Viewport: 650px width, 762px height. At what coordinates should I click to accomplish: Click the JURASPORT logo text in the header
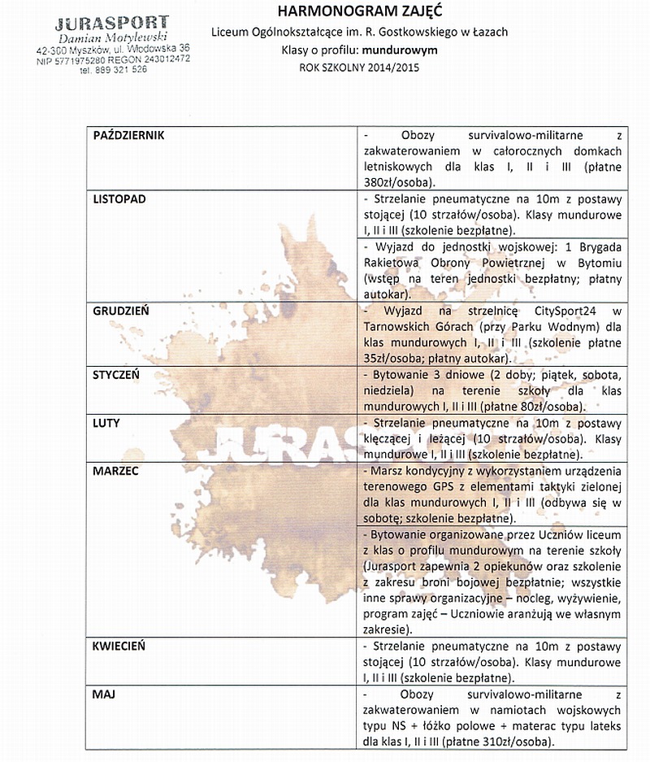pyautogui.click(x=112, y=23)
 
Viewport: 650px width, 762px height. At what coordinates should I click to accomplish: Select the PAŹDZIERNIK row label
pyautogui.click(x=129, y=136)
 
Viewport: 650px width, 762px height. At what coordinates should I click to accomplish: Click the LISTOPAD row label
pyautogui.click(x=119, y=198)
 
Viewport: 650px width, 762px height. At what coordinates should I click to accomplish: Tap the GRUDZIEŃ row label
pyautogui.click(x=121, y=311)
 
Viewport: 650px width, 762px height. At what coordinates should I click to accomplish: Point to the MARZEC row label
pyautogui.click(x=116, y=471)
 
